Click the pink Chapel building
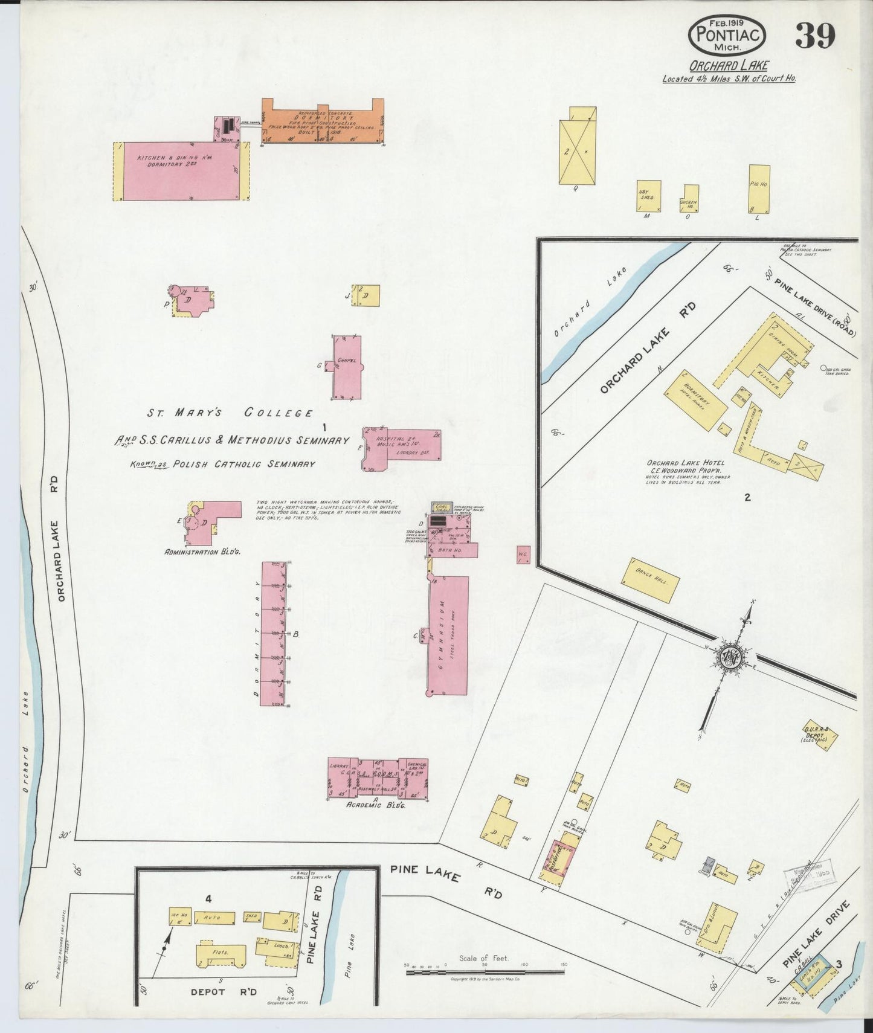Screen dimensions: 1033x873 (347, 367)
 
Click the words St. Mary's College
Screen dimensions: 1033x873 (230, 413)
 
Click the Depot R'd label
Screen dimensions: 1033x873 (224, 993)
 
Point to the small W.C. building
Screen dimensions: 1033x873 (523, 555)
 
